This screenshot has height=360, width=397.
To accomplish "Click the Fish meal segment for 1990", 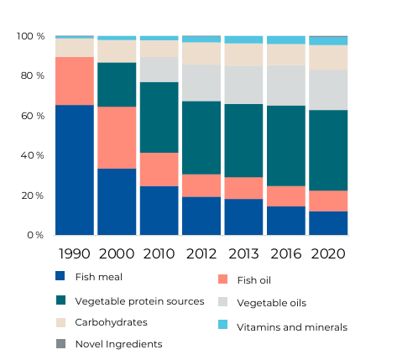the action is click(75, 170).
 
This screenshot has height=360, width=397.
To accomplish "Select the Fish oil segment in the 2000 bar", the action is click(117, 138).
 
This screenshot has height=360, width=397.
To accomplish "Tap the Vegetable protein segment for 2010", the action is click(159, 117).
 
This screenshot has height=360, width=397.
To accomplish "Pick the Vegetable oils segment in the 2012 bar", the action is click(201, 83).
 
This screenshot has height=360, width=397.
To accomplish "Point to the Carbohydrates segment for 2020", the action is click(328, 58).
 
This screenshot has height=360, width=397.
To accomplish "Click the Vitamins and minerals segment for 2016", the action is click(286, 40).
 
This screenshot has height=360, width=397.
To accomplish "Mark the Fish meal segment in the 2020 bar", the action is click(328, 223).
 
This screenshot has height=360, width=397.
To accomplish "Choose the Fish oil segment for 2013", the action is click(243, 188).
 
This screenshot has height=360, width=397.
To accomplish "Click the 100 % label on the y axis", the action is click(30, 36).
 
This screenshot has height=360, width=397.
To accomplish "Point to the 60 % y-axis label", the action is click(33, 116).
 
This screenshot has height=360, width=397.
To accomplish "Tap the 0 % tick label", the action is click(35, 235).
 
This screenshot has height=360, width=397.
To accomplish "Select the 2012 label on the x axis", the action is click(201, 253).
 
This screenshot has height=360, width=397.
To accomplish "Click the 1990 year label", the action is click(75, 253).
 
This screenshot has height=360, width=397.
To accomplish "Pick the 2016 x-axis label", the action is click(286, 253).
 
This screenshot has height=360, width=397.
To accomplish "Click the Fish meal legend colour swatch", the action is click(60, 276).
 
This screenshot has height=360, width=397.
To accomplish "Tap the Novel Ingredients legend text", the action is click(119, 344).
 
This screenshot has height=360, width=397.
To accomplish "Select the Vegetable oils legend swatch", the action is click(222, 302).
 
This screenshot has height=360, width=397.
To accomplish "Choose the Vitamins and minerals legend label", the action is click(292, 327).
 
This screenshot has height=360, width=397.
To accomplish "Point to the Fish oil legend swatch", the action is click(222, 279).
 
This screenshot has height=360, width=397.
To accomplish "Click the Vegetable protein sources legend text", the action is click(139, 301).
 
